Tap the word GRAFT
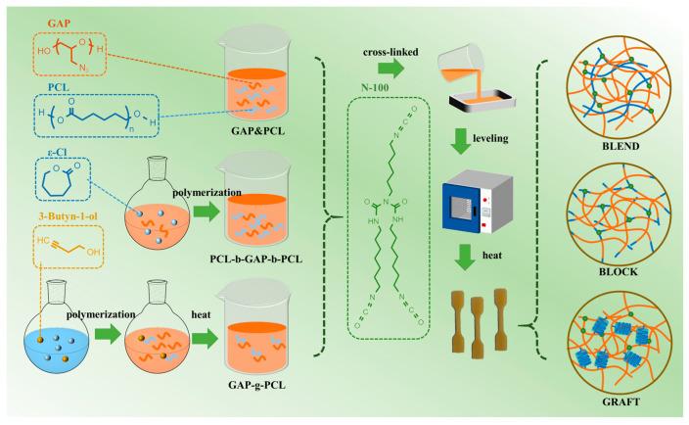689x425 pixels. tap(624, 401)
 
